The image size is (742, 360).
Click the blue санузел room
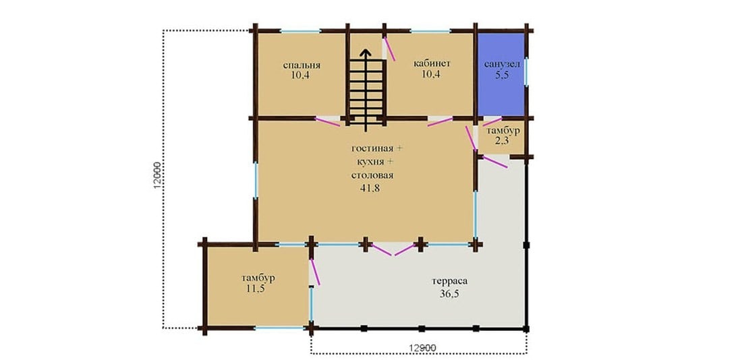coord(501,73)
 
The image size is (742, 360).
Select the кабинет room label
coord(432,63)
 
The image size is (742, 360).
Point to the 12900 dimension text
coord(422,348)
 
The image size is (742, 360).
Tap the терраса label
coord(449,282)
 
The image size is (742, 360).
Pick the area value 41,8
coord(372,188)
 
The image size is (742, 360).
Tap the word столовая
coord(372,175)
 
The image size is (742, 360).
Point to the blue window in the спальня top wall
coord(300,31)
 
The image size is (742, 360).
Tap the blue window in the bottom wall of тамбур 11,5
coord(279,328)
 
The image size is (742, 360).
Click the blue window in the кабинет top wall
coord(430,31)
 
